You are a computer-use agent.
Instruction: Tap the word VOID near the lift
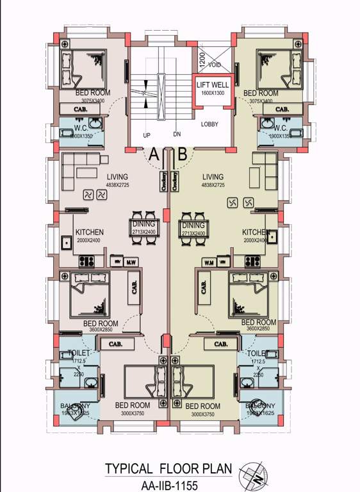(x=215, y=65)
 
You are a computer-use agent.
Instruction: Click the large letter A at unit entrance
(x=153, y=154)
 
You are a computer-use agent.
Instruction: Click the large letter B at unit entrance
(x=182, y=154)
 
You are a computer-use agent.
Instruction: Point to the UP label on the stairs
(x=147, y=136)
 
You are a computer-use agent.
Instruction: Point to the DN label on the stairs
(x=177, y=135)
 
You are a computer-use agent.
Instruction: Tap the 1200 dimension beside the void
(x=200, y=58)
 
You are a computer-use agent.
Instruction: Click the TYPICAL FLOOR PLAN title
(x=168, y=468)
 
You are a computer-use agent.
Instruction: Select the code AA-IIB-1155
(x=168, y=485)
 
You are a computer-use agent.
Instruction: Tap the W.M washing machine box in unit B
(x=208, y=261)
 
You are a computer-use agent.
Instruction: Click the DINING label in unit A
(x=142, y=225)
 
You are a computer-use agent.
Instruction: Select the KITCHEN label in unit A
(x=89, y=232)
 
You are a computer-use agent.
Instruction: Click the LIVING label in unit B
(x=212, y=177)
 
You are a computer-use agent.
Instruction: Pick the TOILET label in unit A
(x=78, y=353)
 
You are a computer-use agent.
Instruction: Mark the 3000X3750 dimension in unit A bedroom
(x=132, y=414)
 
